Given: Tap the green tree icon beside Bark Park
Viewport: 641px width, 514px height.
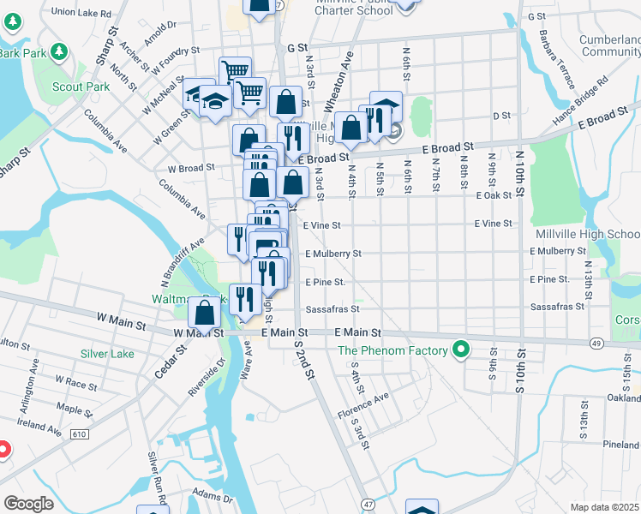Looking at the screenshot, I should point(59,51).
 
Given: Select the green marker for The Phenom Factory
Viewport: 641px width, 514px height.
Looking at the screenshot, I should point(461,350).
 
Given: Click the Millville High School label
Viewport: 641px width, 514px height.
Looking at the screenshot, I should point(587,234).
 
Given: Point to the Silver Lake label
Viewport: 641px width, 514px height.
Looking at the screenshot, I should point(107,354).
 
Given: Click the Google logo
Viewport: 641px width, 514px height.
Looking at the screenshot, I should point(28,504).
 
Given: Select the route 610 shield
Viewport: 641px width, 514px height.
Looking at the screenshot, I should point(79,435).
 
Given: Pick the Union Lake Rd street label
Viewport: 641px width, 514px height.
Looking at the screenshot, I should point(81,14).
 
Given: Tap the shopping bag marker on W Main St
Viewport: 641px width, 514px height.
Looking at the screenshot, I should point(205,314).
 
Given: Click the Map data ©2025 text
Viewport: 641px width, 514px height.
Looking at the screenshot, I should point(604,507).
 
